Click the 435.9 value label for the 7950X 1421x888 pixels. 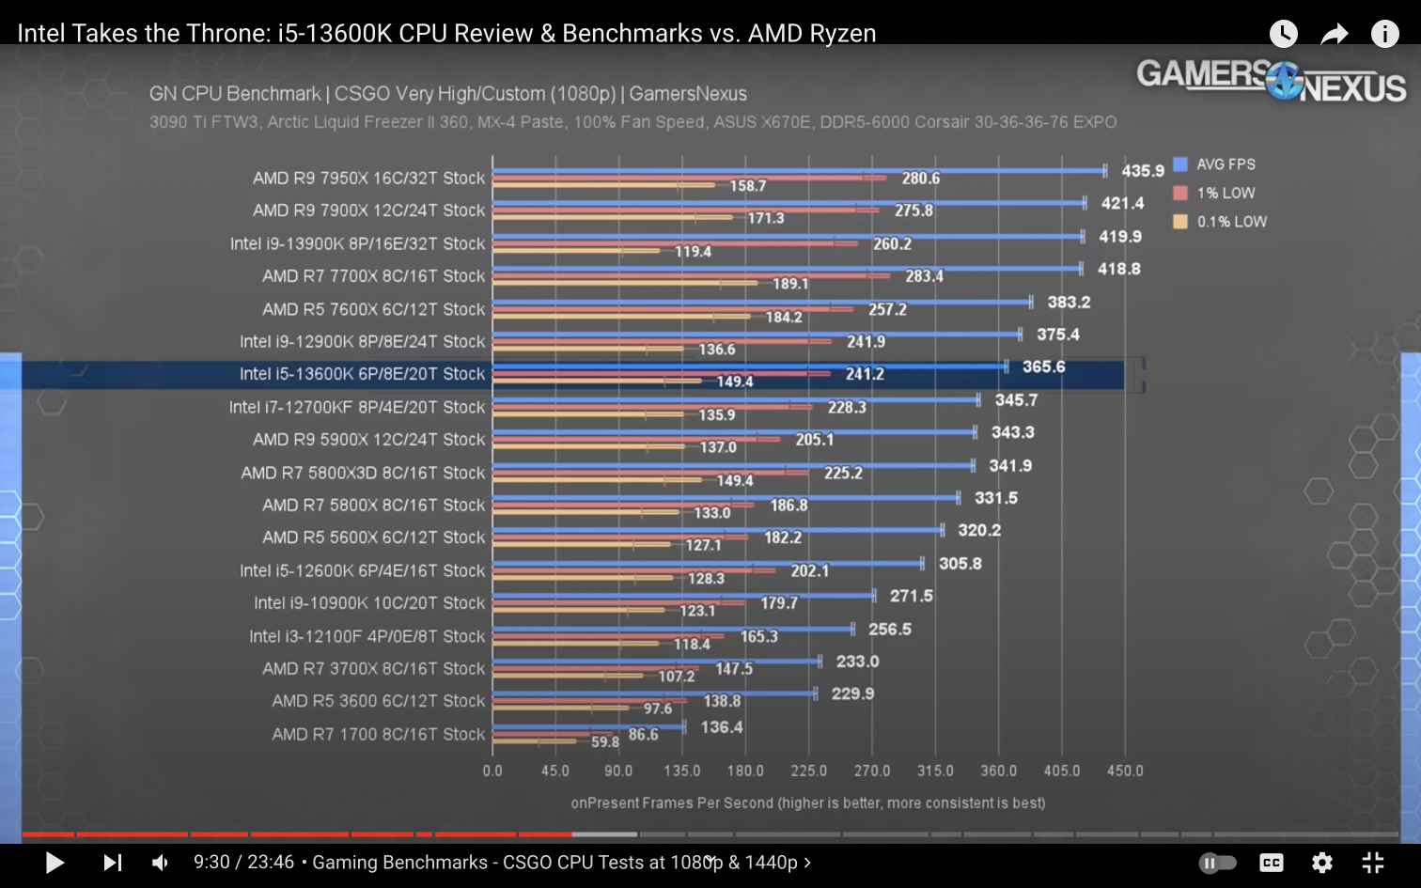(1142, 171)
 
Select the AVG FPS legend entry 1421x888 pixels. (1225, 164)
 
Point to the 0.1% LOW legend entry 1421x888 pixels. (1230, 222)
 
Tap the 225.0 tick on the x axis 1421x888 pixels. (808, 771)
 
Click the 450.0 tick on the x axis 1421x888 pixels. (1125, 771)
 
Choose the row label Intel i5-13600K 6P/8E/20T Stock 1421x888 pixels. (362, 374)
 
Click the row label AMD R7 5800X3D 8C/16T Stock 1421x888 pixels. (363, 473)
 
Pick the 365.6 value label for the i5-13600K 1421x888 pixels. (1043, 366)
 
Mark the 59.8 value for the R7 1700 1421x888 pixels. (604, 741)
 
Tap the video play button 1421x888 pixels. (55, 862)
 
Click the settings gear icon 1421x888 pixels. (1322, 862)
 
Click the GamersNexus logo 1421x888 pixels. (1271, 81)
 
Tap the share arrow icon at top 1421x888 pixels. (1334, 35)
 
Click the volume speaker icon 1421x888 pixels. (161, 862)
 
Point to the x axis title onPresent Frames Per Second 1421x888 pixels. (807, 802)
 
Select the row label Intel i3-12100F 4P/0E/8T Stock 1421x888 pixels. (367, 636)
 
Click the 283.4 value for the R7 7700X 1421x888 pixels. (924, 276)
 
